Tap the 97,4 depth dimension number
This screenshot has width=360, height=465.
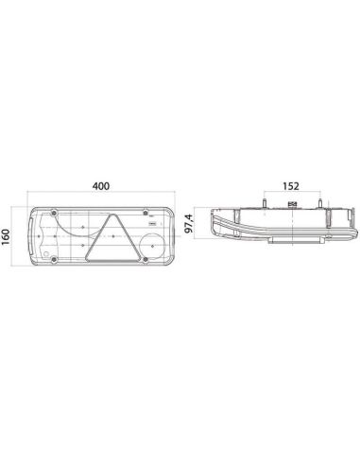[x=191, y=230]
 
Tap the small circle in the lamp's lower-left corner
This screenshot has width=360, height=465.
[x=35, y=252]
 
